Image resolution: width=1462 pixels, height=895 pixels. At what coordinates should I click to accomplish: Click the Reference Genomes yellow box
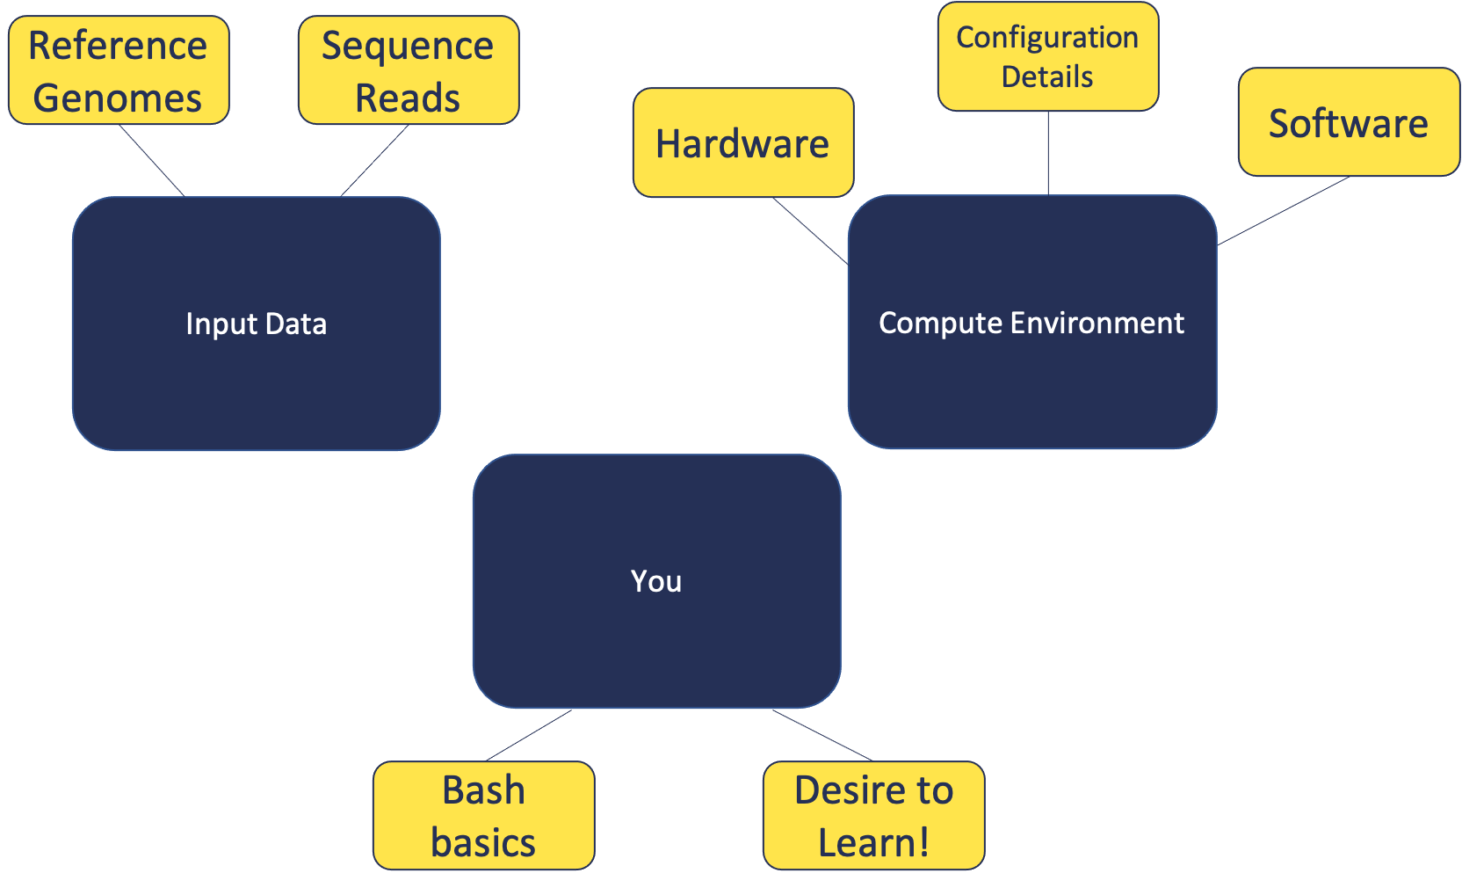coord(119,70)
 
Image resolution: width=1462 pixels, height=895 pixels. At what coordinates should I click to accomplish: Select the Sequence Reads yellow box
coord(409,70)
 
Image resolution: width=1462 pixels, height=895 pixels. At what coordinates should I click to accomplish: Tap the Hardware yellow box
coord(743,142)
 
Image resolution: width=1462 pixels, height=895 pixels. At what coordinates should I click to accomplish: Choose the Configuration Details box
coord(1047,56)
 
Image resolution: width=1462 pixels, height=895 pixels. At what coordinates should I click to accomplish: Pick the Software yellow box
coord(1349,122)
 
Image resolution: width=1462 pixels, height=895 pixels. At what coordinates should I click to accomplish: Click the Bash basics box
coord(484,815)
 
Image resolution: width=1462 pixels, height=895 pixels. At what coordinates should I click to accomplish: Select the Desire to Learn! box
coord(873,815)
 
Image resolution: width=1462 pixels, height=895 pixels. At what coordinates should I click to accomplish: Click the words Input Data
coord(256,324)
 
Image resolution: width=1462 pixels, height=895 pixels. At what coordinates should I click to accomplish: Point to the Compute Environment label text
coord(1031,323)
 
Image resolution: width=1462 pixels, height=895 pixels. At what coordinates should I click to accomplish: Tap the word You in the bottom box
coord(656,581)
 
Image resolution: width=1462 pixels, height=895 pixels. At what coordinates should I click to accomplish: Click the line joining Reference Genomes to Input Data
coord(151,161)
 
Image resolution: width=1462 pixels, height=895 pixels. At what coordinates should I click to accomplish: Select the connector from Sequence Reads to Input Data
coord(375,161)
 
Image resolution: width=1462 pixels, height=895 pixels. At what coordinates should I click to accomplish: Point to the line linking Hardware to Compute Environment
coord(810,230)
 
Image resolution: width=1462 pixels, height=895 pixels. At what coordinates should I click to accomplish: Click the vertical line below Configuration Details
coord(1047,153)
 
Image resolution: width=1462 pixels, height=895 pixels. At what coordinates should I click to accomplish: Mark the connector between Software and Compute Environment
coord(1284,211)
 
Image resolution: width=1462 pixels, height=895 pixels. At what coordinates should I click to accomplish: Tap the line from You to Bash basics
coord(529,735)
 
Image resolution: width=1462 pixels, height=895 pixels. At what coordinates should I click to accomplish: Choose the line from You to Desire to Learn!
coord(822,735)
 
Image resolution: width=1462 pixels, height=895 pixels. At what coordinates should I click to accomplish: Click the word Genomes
coord(118,98)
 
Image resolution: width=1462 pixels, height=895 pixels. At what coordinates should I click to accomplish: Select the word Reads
coord(408,98)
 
